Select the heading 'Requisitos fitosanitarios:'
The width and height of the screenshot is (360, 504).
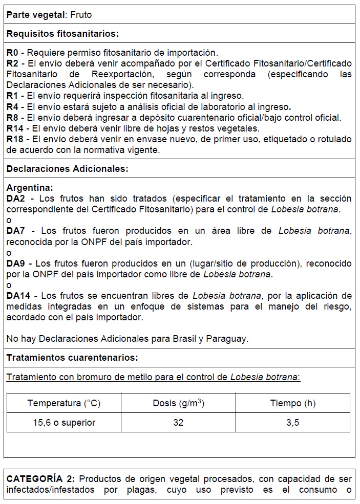click(x=62, y=34)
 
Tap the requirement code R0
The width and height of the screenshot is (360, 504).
click(x=13, y=52)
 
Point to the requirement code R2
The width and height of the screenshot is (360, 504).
click(x=13, y=63)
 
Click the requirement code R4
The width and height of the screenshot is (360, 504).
click(x=13, y=106)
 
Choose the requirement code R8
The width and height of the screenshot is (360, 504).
click(x=13, y=117)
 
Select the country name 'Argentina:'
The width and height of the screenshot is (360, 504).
click(x=30, y=188)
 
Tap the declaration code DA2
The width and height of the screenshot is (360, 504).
click(x=16, y=198)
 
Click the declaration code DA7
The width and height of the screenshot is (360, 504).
click(x=16, y=231)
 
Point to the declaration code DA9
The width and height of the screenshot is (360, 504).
click(x=16, y=263)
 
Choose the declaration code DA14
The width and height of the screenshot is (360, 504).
click(x=19, y=295)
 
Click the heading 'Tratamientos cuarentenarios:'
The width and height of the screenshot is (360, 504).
click(x=72, y=357)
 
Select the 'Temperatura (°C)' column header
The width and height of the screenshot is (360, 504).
click(x=64, y=403)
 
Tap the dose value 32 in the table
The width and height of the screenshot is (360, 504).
click(x=178, y=423)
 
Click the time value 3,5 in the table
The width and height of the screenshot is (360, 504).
click(x=293, y=423)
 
